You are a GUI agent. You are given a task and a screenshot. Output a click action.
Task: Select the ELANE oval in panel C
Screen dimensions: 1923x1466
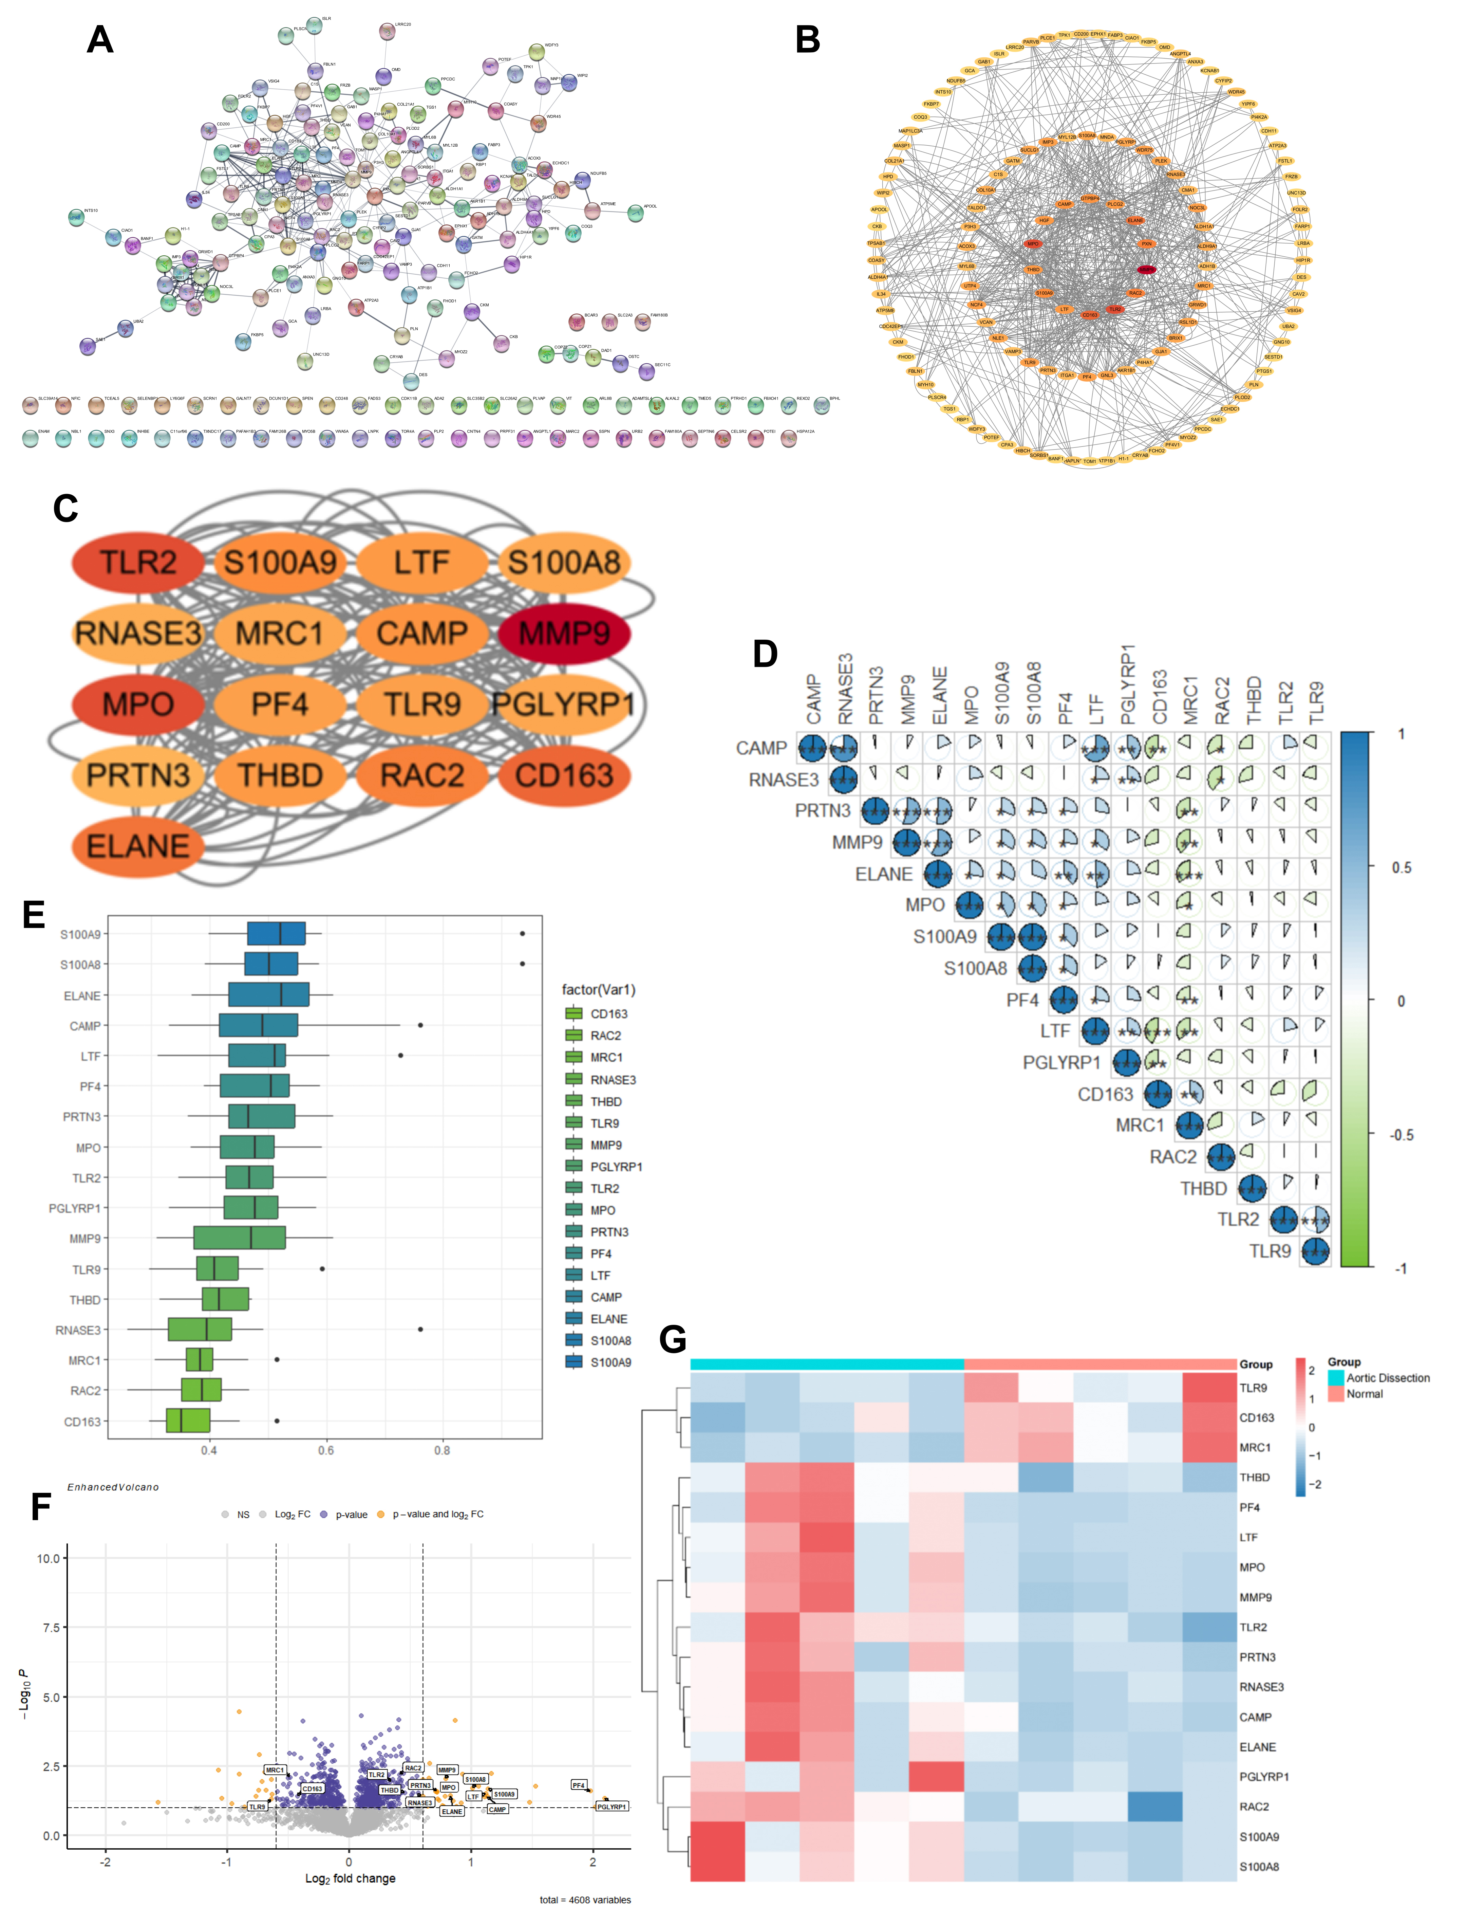pos(138,846)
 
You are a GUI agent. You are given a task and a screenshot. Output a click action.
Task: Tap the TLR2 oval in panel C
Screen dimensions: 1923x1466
pos(138,562)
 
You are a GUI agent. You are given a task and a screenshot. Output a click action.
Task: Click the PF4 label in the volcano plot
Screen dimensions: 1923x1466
pos(579,1785)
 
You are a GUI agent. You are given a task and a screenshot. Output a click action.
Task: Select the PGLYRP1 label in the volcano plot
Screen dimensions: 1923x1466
pos(612,1806)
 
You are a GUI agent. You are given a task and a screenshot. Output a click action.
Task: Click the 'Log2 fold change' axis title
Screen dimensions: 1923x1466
pos(350,1878)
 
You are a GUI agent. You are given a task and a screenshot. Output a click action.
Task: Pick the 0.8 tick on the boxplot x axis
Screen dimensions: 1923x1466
pos(443,1451)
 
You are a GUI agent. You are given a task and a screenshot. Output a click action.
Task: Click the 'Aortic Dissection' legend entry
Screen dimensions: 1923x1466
pos(1388,1377)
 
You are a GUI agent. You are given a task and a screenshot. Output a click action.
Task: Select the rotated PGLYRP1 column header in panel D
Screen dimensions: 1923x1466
pos(1127,685)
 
